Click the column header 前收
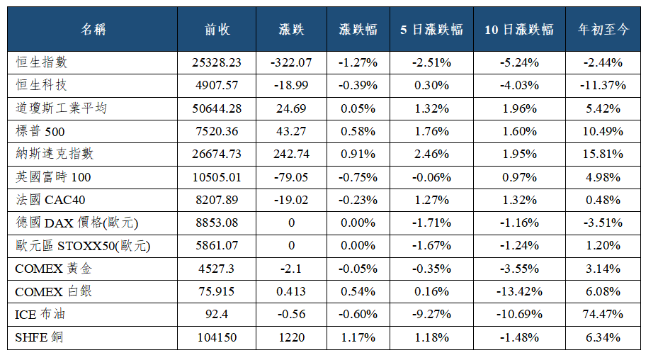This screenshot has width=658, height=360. [217, 29]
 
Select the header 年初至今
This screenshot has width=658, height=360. [603, 29]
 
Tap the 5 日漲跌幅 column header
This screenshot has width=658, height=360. [431, 29]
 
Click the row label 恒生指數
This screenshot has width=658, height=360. [42, 62]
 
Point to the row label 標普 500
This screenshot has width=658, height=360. [40, 131]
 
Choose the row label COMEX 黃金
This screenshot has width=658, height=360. [53, 269]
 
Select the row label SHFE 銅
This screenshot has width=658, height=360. [39, 337]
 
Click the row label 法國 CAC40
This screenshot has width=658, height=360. [50, 200]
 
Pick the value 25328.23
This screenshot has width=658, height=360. [217, 62]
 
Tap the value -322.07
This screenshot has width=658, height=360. [291, 62]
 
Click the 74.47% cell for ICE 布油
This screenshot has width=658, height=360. [603, 314]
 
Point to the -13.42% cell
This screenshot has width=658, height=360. [519, 291]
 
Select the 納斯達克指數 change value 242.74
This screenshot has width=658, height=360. [291, 154]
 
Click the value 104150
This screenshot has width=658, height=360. [217, 337]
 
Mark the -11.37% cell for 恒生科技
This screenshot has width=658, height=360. [603, 85]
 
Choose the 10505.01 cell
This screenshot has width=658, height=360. [217, 177]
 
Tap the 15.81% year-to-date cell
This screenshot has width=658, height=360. [603, 154]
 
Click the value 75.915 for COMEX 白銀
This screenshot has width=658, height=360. [217, 291]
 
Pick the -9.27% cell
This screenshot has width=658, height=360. [431, 314]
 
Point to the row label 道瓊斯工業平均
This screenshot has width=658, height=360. [62, 108]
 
